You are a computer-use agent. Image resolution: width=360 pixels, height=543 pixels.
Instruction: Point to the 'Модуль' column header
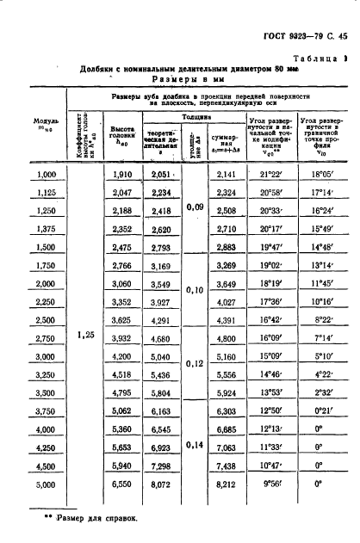click(46, 126)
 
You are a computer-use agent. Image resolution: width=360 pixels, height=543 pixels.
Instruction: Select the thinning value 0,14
click(196, 446)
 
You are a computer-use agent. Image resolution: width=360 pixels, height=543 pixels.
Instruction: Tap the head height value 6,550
click(122, 485)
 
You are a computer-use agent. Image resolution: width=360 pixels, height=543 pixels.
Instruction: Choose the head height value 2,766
click(122, 266)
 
